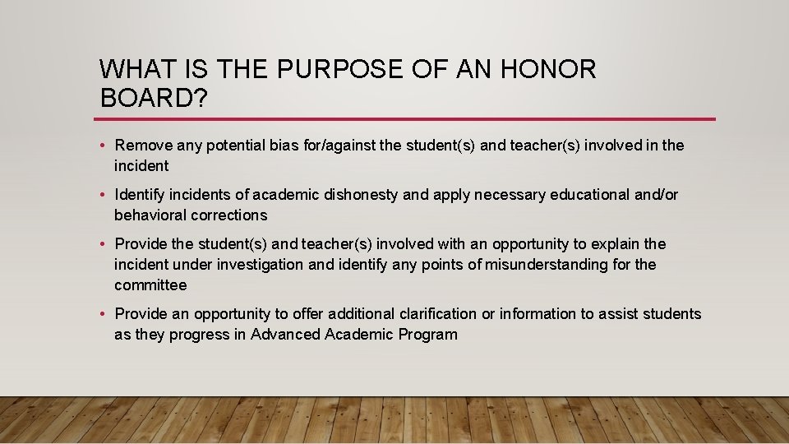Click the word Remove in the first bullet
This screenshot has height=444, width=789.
(144, 146)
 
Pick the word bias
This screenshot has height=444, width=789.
(256, 146)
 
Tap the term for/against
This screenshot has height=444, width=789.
(311, 146)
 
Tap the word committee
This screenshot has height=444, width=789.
(150, 285)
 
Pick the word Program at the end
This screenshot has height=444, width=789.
(427, 335)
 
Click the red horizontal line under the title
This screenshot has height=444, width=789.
(407, 119)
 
